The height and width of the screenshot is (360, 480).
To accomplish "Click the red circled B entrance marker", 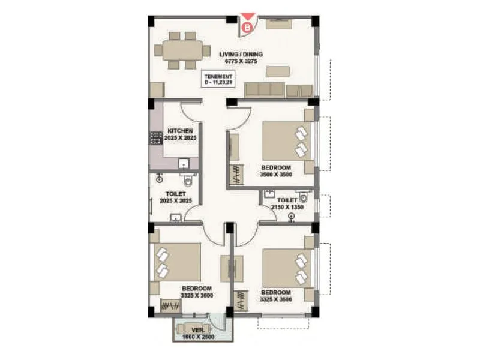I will point(245,26).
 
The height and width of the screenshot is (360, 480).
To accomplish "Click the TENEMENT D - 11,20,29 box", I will point(218,80).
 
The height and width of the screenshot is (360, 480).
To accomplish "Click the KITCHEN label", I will point(180,131).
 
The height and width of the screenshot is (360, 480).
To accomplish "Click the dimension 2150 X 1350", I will point(287,207).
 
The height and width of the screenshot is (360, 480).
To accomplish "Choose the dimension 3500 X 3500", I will point(276,174).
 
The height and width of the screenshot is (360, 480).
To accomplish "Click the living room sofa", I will point(264,89).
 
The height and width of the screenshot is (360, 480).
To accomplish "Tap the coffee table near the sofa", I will point(277,71).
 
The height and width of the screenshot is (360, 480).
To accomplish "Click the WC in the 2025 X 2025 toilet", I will point(189,180).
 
